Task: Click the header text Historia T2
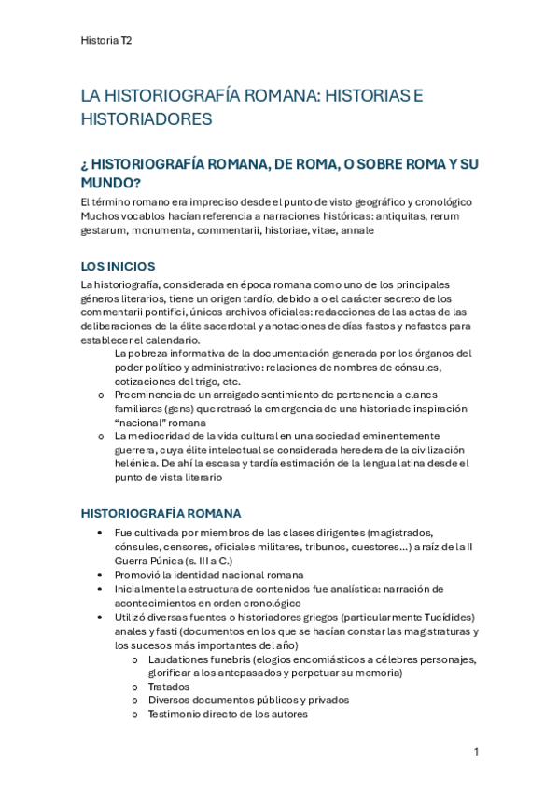click(106, 41)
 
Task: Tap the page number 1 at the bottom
click(475, 751)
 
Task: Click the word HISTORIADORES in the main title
click(147, 119)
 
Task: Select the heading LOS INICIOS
click(118, 266)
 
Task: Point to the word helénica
click(138, 463)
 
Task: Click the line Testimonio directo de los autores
click(228, 714)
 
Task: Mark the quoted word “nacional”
click(143, 422)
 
